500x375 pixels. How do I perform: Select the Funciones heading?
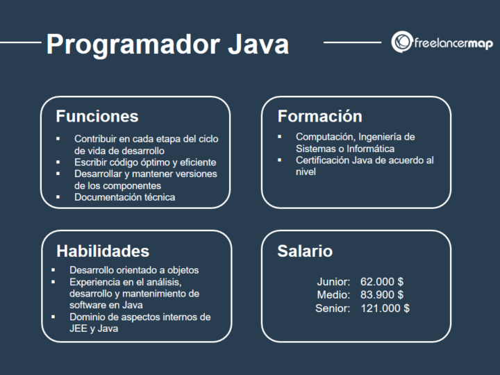coord(97,116)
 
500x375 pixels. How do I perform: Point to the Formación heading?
coord(320,116)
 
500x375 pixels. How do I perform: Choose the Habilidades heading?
coord(103,251)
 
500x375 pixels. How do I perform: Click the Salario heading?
coord(305,251)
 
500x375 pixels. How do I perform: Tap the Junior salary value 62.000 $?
coord(382,282)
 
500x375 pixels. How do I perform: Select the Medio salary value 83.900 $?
coord(382,295)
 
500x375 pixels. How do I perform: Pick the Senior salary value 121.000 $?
coord(385,308)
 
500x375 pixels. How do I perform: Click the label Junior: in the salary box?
coord(333,282)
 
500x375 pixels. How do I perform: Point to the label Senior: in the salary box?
coord(333,308)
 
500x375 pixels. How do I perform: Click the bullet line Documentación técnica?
coord(125,197)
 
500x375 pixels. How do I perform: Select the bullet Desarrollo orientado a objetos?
coord(135,270)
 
